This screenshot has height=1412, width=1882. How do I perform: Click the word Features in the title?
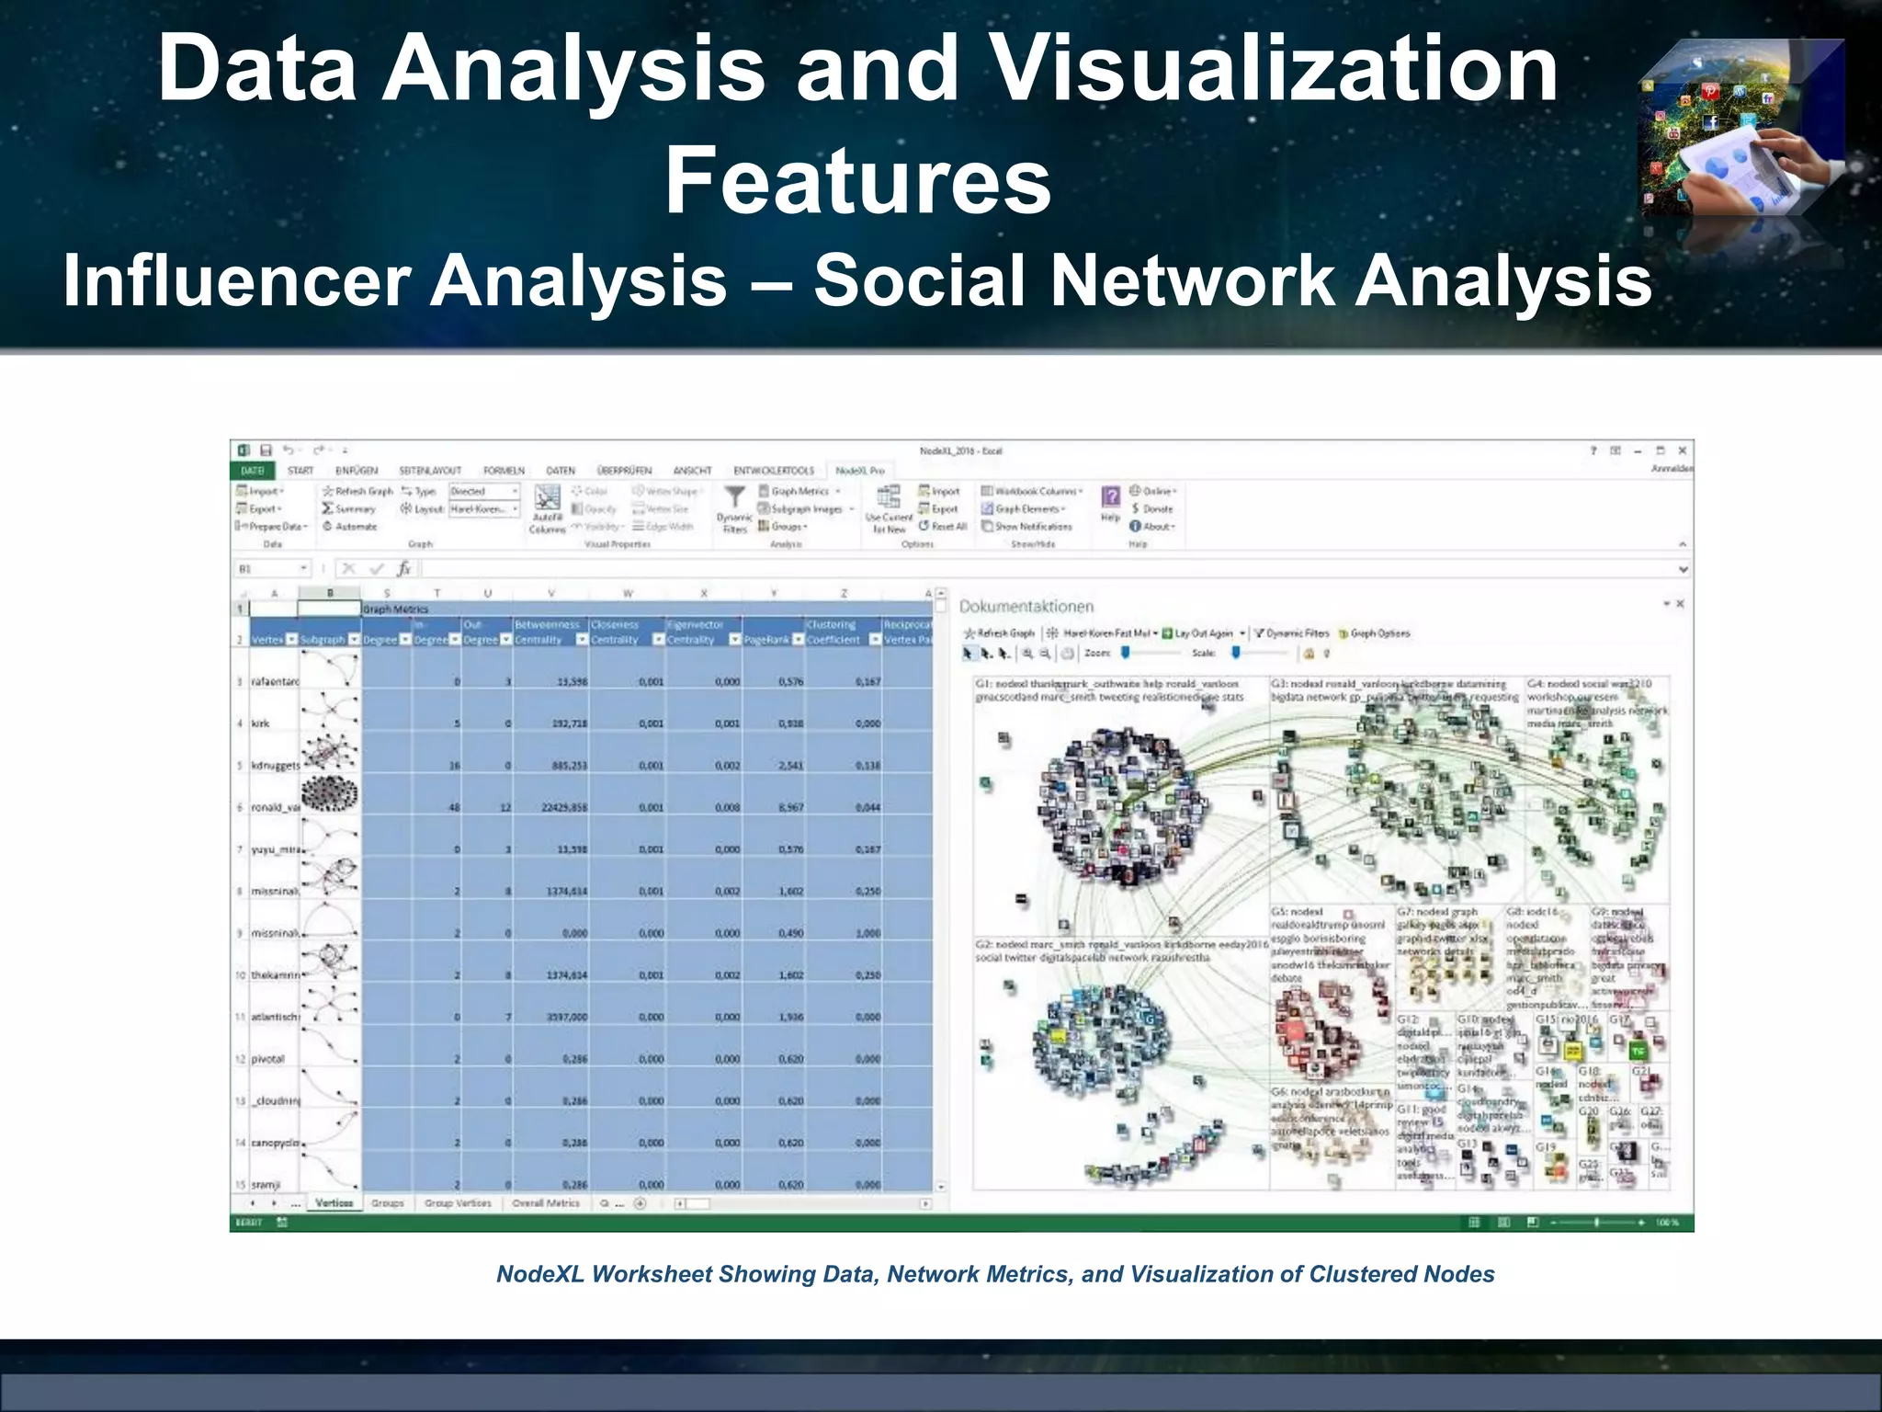point(857,181)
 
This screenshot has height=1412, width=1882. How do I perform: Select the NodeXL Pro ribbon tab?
point(859,471)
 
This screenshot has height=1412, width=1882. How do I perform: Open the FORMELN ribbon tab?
point(504,471)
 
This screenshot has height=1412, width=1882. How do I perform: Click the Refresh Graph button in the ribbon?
point(357,492)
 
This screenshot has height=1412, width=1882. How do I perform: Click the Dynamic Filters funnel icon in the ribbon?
point(734,499)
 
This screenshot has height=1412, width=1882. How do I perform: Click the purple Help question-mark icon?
point(1110,497)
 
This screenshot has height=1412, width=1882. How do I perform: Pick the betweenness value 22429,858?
point(560,808)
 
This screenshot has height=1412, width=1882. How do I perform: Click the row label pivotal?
point(267,1059)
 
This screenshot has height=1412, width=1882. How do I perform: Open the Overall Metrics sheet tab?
point(546,1203)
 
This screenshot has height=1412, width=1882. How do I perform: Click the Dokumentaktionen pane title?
point(1026,607)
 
